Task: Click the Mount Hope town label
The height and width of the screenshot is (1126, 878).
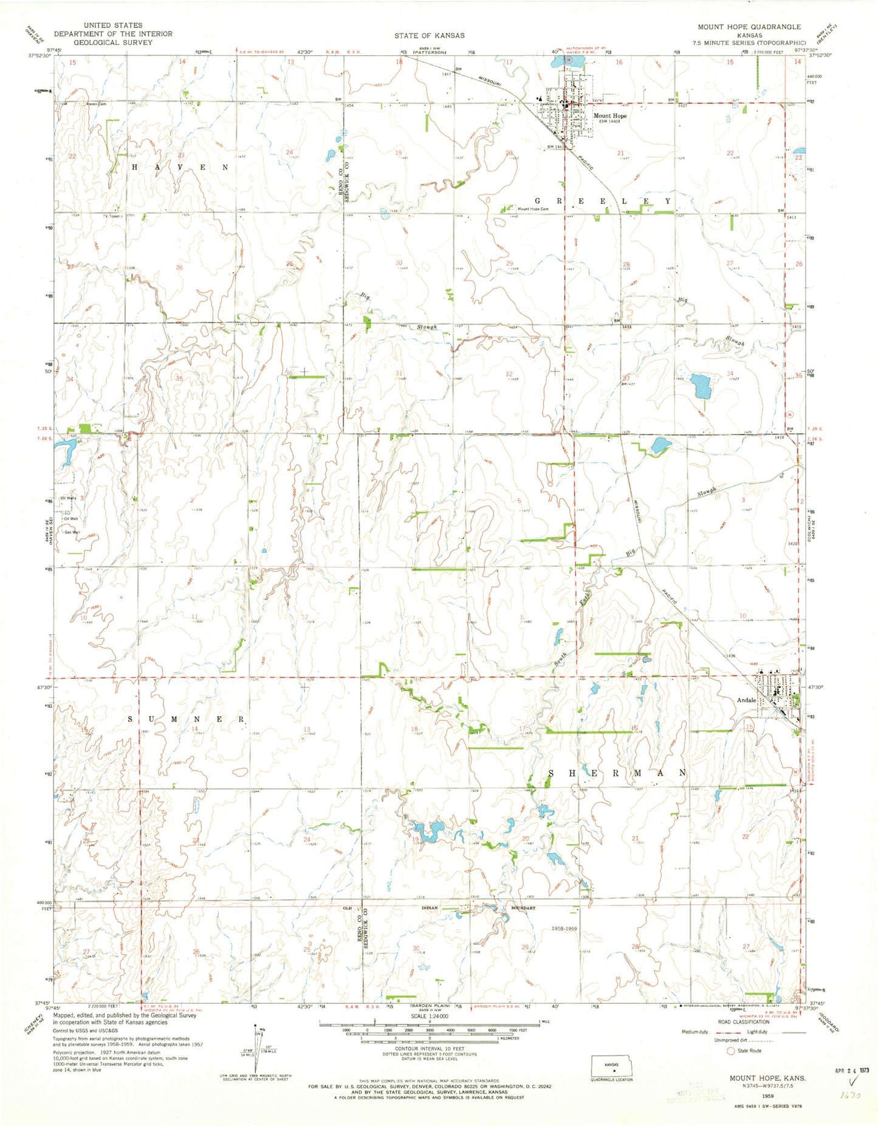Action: click(609, 115)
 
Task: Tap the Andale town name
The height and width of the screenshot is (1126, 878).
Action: click(746, 700)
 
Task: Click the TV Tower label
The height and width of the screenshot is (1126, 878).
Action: click(113, 215)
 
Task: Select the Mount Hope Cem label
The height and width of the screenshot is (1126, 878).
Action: click(532, 209)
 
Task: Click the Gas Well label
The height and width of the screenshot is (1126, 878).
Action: click(72, 532)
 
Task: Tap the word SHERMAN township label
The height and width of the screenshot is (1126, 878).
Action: click(617, 773)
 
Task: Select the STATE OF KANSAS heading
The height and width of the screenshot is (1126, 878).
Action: click(429, 35)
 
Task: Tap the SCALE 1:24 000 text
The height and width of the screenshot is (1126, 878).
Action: click(430, 1016)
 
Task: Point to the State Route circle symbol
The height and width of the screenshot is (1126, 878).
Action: click(730, 1051)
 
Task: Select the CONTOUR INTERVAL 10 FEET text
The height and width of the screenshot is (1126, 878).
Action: click(430, 1048)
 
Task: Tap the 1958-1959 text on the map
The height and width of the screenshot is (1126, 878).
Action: click(564, 929)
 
